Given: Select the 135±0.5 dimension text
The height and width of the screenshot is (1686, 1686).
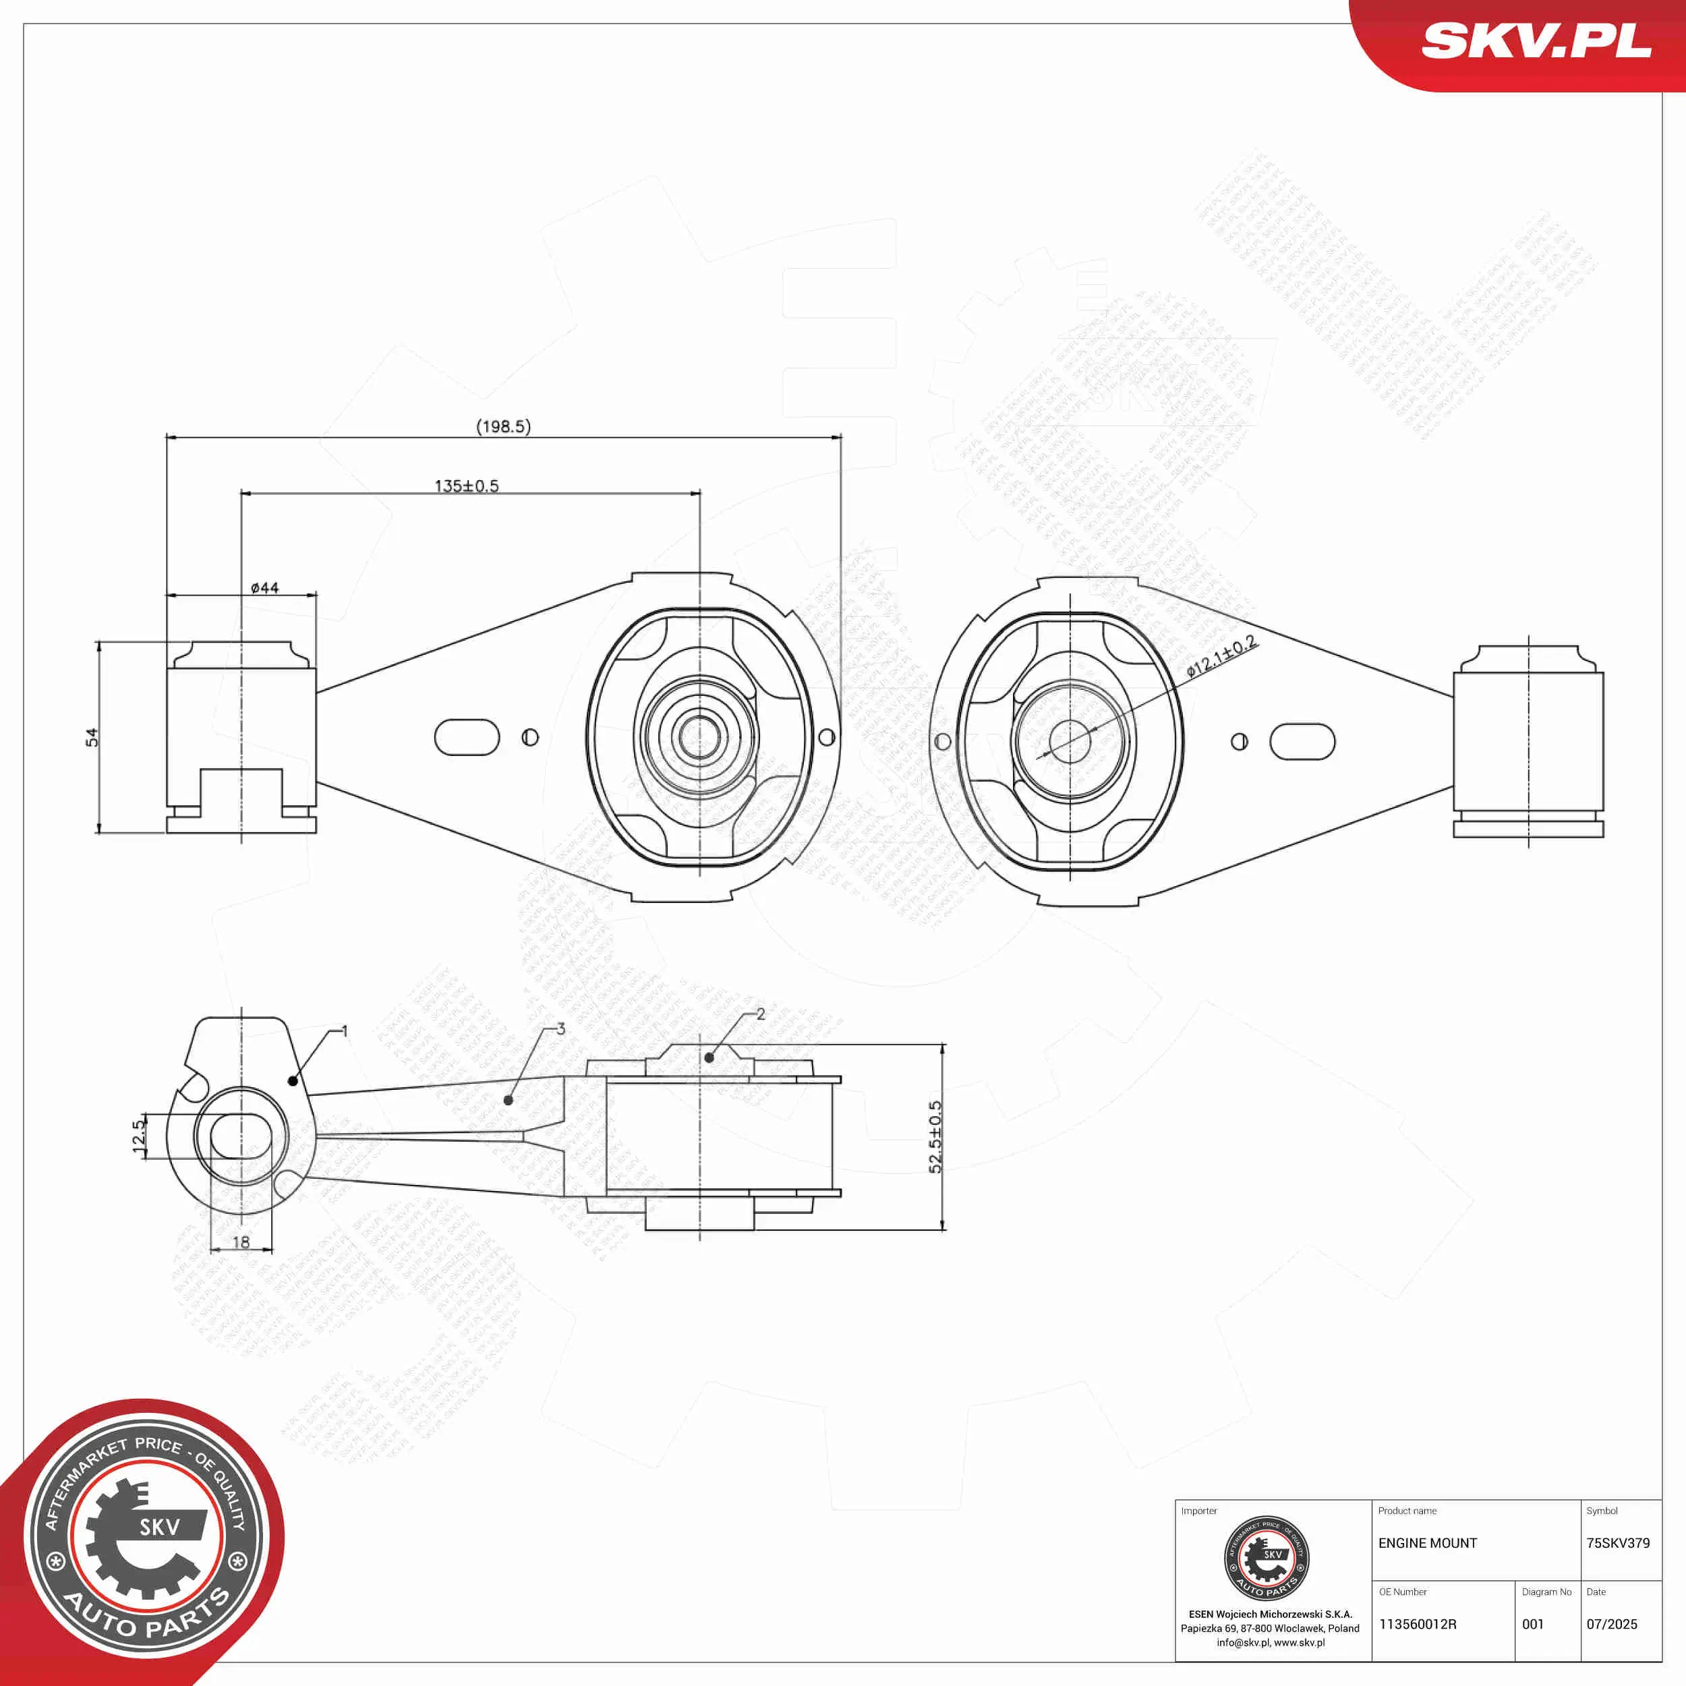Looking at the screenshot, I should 467,486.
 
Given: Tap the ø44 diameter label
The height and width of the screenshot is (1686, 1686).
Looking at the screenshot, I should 264,588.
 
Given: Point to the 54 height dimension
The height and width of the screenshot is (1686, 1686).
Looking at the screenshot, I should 92,737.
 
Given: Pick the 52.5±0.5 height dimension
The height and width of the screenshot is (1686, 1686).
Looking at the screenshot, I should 935,1136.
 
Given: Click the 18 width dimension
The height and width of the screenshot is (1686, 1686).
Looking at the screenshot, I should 241,1241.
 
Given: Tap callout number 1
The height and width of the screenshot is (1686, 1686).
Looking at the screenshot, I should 345,1032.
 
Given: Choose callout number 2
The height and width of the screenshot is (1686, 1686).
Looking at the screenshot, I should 761,1014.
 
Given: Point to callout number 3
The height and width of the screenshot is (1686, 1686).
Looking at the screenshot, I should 560,1029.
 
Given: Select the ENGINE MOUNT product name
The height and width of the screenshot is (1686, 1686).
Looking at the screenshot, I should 1428,1543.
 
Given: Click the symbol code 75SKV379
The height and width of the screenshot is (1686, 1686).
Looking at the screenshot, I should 1618,1543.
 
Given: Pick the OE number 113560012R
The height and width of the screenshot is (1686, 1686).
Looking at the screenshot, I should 1417,1624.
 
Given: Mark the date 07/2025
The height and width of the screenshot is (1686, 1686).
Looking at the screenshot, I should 1612,1624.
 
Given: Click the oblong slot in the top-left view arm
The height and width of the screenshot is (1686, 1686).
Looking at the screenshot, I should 467,737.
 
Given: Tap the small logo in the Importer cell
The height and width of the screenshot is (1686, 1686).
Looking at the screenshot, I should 1267,1559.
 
